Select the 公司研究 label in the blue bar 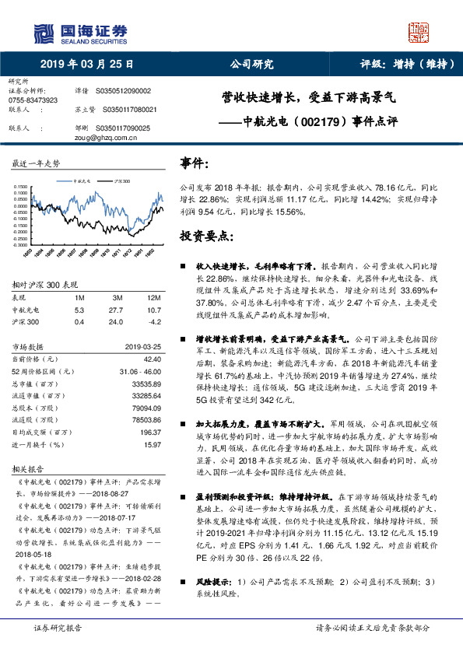click(x=251, y=65)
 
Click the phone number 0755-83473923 click(x=33, y=101)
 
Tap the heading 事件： click(x=195, y=164)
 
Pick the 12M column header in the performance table click(x=153, y=298)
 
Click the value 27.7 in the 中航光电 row click(x=118, y=309)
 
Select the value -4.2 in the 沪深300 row click(x=154, y=320)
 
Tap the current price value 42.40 click(x=153, y=359)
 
